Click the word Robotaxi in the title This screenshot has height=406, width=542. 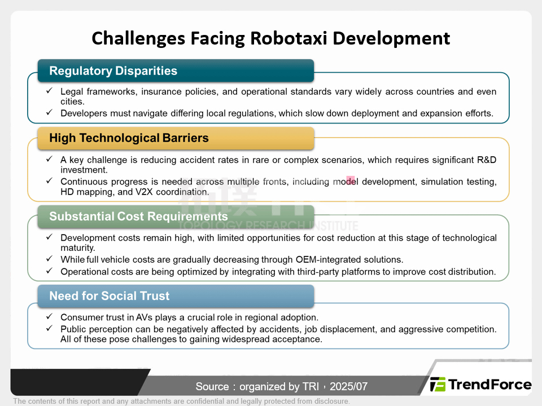(x=289, y=38)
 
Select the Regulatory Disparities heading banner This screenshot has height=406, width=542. (x=176, y=70)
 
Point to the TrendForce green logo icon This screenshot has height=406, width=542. (x=438, y=384)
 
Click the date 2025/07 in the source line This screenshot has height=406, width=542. (x=348, y=386)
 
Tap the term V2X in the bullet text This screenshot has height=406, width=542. (x=144, y=192)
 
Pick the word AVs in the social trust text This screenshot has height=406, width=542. (x=144, y=317)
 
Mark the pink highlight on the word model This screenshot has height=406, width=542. (x=351, y=180)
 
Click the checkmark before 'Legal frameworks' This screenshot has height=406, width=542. (x=49, y=90)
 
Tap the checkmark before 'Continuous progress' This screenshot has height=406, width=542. (x=49, y=180)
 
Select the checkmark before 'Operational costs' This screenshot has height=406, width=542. (x=49, y=271)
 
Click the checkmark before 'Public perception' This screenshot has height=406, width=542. (x=49, y=328)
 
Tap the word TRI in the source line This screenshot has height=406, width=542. (x=311, y=386)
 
